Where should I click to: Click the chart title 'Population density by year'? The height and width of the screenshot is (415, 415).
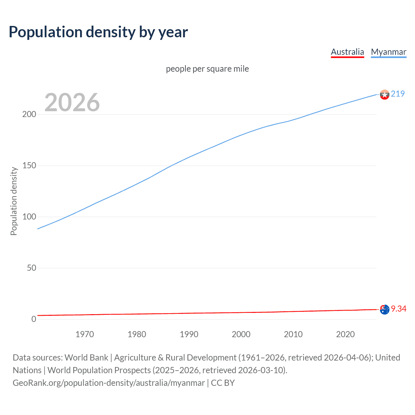click(x=98, y=32)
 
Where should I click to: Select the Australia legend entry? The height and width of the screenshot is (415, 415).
click(x=347, y=52)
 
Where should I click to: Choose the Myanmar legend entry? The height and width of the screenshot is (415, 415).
click(x=388, y=52)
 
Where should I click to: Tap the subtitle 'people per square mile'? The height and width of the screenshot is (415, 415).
click(x=207, y=69)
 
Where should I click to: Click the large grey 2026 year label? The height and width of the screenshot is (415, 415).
click(x=72, y=102)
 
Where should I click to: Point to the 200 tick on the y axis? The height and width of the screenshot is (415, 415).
click(x=29, y=114)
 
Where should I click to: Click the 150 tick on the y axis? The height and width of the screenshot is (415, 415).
click(x=29, y=166)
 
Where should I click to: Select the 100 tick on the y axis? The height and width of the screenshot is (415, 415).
click(x=29, y=217)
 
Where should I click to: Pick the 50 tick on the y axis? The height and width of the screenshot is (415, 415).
click(x=31, y=268)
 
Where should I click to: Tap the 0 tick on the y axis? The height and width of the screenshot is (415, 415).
click(x=34, y=319)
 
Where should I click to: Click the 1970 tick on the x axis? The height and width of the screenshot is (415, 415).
click(x=85, y=334)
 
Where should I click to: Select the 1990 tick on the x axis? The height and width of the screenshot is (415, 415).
click(x=189, y=334)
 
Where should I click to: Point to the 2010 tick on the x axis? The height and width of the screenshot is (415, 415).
click(x=293, y=334)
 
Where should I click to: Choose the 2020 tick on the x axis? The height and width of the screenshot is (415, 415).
click(x=345, y=334)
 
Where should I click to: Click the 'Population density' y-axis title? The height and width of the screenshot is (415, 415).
click(x=14, y=201)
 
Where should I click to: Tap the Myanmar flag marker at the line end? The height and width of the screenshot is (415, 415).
click(x=385, y=94)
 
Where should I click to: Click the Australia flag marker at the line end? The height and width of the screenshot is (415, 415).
click(x=385, y=309)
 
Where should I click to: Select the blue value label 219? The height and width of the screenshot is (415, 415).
click(x=398, y=94)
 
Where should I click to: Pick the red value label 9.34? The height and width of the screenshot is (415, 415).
click(x=398, y=309)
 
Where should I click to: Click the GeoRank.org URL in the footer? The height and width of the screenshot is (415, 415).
click(x=109, y=383)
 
